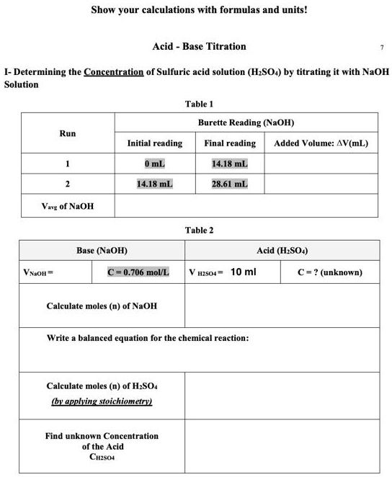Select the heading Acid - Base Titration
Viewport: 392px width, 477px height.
pyautogui.click(x=199, y=46)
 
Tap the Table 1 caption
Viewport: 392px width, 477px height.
pyautogui.click(x=199, y=104)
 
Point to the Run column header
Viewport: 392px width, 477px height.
pyautogui.click(x=67, y=133)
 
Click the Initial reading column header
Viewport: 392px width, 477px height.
pyautogui.click(x=154, y=143)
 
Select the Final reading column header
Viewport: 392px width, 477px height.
pyautogui.click(x=230, y=143)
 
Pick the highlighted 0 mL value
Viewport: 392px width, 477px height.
pyautogui.click(x=154, y=164)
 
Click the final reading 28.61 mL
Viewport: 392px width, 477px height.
pyautogui.click(x=230, y=184)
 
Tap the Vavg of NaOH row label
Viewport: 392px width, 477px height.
pyautogui.click(x=67, y=207)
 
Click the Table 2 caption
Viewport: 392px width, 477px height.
pyautogui.click(x=199, y=231)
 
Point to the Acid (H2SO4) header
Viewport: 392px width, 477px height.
pyautogui.click(x=282, y=250)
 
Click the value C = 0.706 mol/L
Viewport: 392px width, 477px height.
pyautogui.click(x=138, y=272)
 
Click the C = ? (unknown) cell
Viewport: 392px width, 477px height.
pyautogui.click(x=330, y=272)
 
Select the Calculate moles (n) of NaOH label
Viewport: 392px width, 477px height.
pyautogui.click(x=102, y=306)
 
